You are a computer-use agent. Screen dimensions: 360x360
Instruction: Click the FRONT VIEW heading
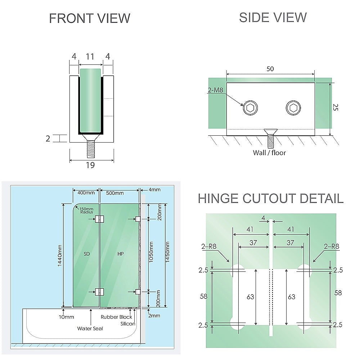(x=89, y=18)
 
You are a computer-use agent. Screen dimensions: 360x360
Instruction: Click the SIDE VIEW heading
(x=273, y=17)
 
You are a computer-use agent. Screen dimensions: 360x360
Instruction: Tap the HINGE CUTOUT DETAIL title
(x=271, y=198)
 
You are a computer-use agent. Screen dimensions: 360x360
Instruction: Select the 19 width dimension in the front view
(x=90, y=165)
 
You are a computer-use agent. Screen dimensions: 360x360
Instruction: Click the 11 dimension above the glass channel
(x=90, y=57)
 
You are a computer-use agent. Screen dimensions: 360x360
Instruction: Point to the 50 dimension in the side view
(x=270, y=69)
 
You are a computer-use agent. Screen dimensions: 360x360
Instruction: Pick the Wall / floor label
(x=269, y=153)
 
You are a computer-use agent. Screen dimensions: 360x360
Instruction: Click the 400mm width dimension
(x=86, y=193)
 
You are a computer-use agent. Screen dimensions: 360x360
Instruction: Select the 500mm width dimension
(x=115, y=193)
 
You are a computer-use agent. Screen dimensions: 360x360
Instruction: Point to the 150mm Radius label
(x=86, y=211)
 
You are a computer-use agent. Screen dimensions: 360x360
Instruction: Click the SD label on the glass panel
(x=86, y=254)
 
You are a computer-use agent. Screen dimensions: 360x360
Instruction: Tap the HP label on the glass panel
(x=121, y=254)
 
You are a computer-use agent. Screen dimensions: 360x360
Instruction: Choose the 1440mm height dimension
(x=60, y=256)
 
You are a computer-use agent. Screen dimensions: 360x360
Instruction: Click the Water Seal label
(x=90, y=328)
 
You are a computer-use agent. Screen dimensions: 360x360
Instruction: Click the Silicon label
(x=128, y=324)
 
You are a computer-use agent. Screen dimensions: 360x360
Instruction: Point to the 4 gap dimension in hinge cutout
(x=263, y=218)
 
